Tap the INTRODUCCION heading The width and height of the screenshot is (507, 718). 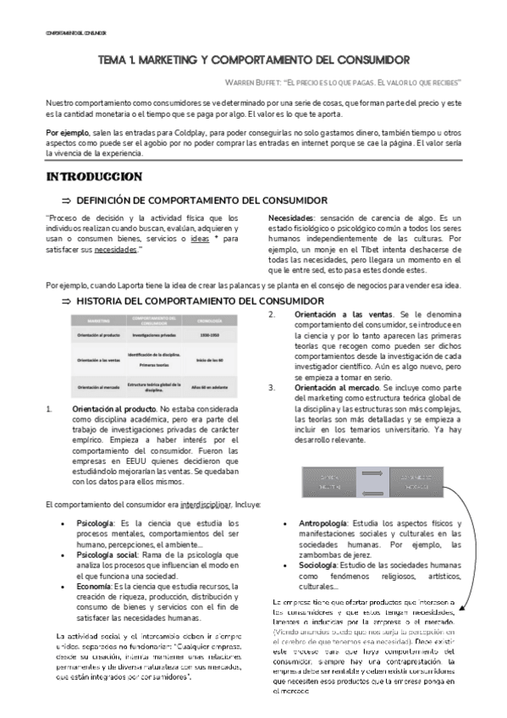tap(94, 176)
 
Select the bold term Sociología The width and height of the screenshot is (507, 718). tap(320, 566)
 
